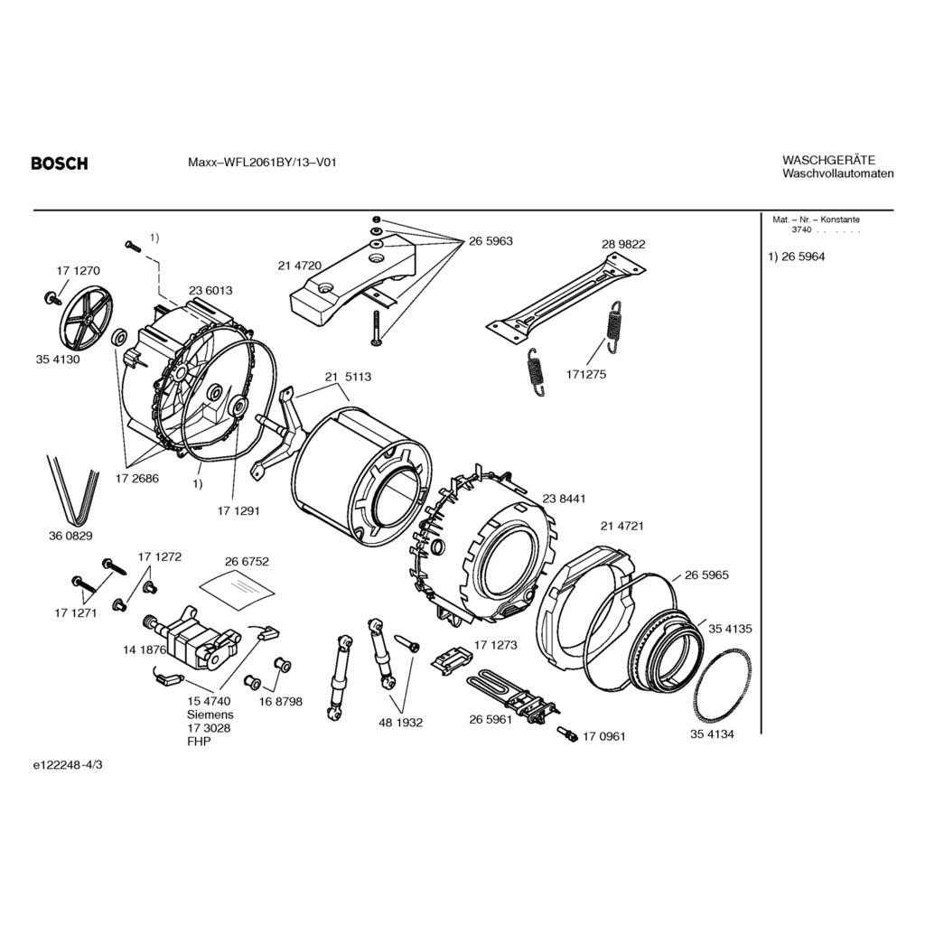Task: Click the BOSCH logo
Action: coord(60,164)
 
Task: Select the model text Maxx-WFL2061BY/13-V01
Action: coord(262,164)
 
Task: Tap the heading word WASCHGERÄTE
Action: coord(828,160)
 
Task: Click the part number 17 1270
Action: coord(78,271)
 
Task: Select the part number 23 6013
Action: coord(210,290)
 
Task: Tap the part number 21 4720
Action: coord(300,266)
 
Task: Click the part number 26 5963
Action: coord(491,241)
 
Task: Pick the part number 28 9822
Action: coord(623,244)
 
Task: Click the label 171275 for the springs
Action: coord(587,373)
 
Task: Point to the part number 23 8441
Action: coord(565,499)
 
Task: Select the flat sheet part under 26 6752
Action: coord(237,587)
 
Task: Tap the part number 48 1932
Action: coord(401,723)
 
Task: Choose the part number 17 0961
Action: coord(603,736)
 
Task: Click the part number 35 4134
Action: coord(713,734)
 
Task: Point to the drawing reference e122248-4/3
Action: coord(68,764)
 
